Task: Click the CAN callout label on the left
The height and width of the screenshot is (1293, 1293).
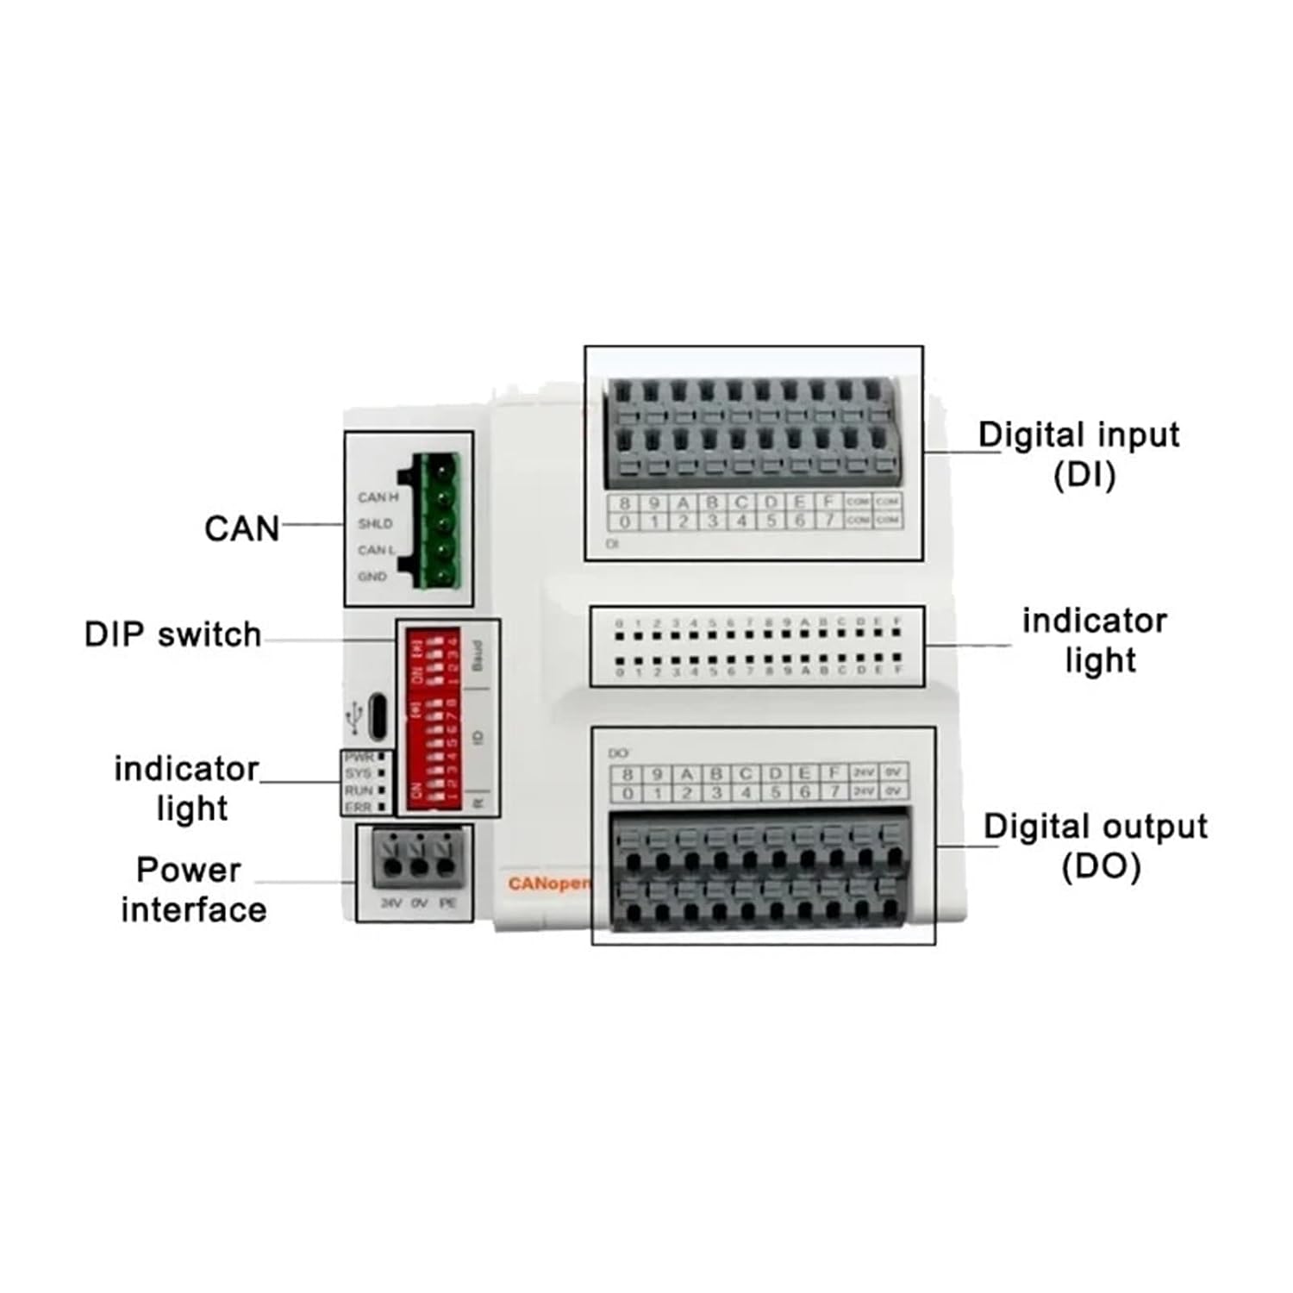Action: (x=241, y=528)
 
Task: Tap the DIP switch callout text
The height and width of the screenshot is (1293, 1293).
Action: (x=172, y=634)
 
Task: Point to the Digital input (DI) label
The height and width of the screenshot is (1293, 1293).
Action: (x=1079, y=454)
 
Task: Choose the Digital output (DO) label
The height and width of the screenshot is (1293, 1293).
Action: (x=1096, y=846)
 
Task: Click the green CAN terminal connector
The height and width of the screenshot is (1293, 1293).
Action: (x=440, y=522)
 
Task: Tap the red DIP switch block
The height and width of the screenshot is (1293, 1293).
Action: (x=434, y=717)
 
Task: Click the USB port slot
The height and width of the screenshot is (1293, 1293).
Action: (x=378, y=716)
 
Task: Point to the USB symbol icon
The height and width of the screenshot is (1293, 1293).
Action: (x=353, y=716)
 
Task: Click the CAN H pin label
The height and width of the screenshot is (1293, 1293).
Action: (x=378, y=497)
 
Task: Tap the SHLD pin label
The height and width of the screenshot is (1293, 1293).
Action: (x=375, y=523)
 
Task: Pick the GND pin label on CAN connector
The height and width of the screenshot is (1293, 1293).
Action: (x=372, y=576)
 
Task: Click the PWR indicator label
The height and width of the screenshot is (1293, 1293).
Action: (x=359, y=757)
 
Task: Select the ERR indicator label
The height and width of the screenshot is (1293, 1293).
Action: (x=359, y=807)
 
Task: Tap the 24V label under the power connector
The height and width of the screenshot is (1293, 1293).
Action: (x=391, y=903)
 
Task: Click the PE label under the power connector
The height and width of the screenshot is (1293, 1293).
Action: (x=447, y=903)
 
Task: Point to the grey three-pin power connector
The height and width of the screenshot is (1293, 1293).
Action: (x=418, y=859)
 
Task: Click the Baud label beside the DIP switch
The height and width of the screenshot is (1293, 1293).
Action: (x=478, y=656)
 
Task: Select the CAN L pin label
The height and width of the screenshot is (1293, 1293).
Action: (x=377, y=550)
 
